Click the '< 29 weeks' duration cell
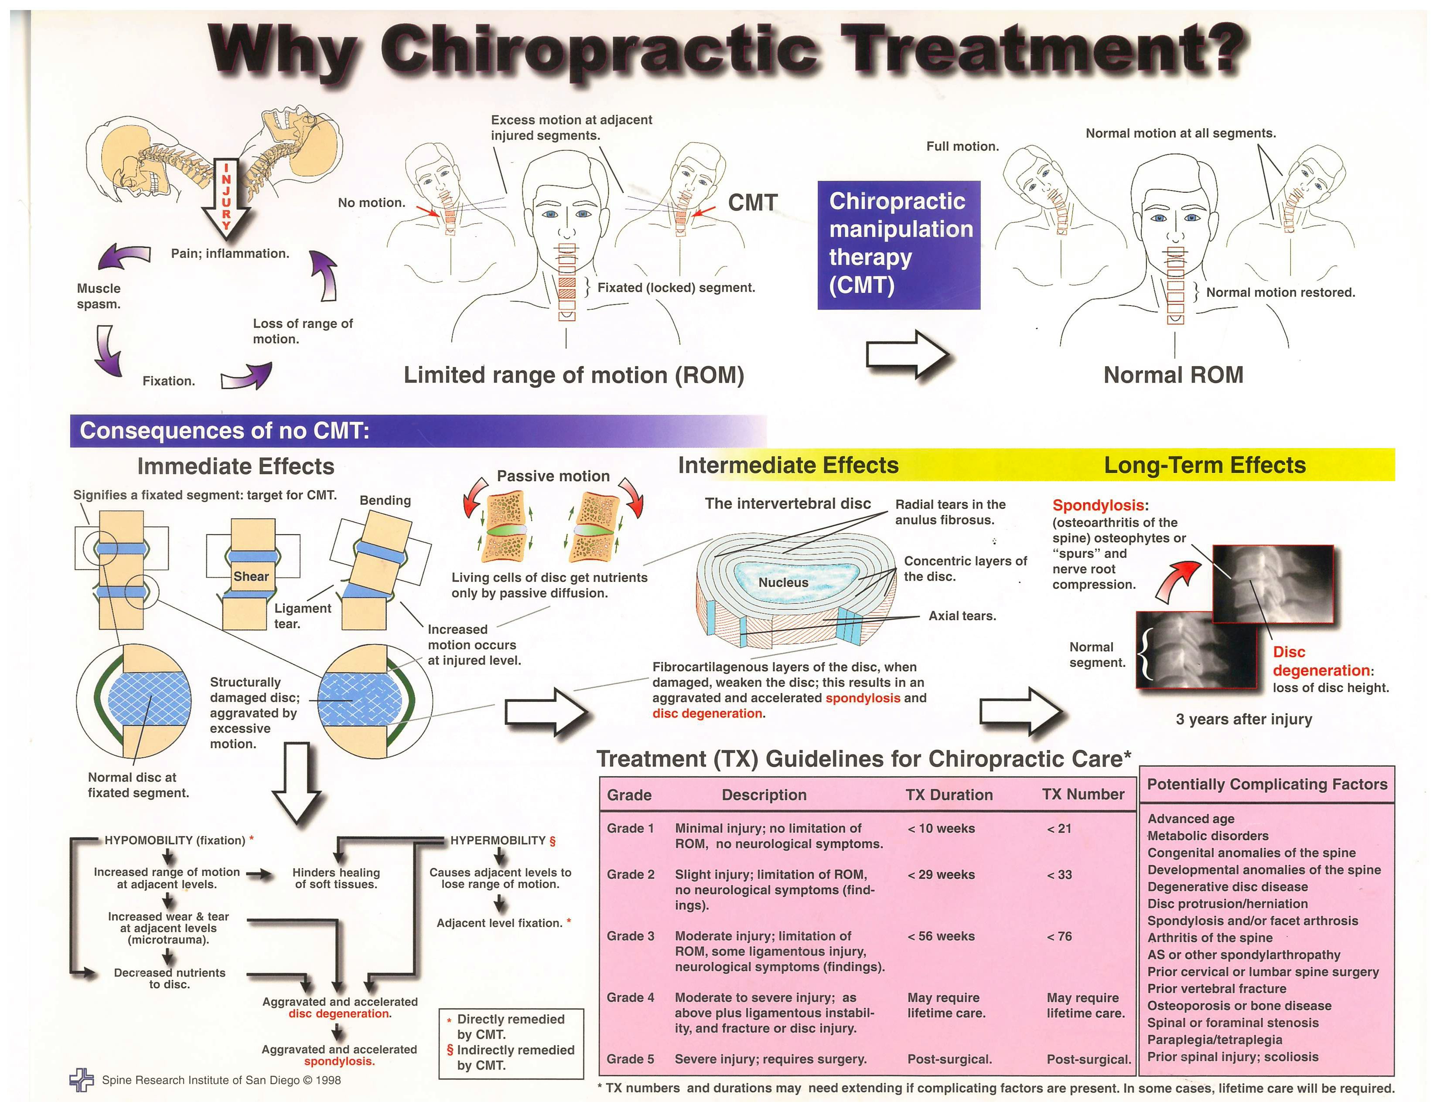[941, 874]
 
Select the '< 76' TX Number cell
[1059, 936]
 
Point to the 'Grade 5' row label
[630, 1059]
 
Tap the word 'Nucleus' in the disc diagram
[783, 583]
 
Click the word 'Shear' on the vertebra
[251, 576]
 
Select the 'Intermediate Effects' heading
[788, 465]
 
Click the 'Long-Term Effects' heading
[1204, 465]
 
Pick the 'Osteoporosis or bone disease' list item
[1239, 1006]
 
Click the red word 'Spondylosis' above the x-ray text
[1098, 505]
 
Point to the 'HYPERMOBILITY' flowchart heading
[498, 840]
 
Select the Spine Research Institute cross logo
[82, 1079]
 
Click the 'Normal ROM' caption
[1173, 375]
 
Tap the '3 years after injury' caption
[1243, 719]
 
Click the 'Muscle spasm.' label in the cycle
[99, 296]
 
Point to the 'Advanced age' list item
[1191, 819]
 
